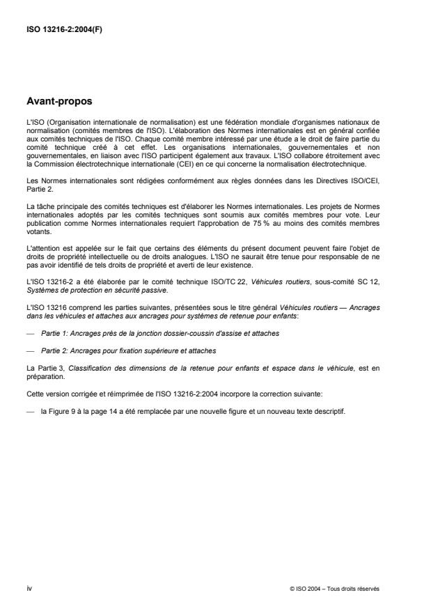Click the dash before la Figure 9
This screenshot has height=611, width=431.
[30, 411]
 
